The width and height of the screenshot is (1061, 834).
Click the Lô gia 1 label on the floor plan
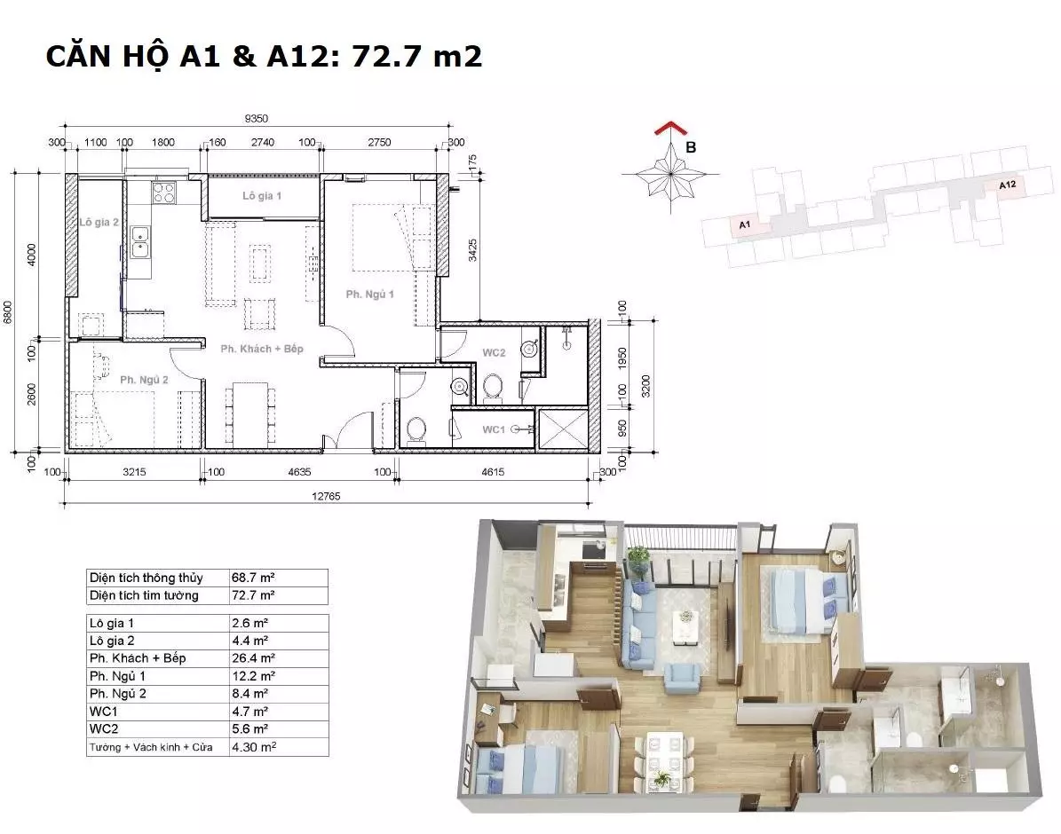262,195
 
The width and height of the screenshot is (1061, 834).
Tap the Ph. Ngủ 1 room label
369,295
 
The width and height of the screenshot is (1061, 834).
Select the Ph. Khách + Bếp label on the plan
262,349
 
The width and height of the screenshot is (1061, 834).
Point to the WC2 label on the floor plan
494,352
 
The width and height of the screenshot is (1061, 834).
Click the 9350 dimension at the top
257,118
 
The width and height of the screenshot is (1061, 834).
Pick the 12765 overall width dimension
326,496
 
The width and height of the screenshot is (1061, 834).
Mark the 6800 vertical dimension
8,312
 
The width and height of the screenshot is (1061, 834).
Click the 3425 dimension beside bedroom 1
473,249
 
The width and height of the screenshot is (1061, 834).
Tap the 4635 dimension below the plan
299,472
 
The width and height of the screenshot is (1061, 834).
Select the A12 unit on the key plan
1007,185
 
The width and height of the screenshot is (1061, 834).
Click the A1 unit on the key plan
745,224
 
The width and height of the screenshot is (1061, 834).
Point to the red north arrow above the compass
669,129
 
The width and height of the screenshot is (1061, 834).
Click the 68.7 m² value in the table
253,578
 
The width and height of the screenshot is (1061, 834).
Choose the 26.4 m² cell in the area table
253,658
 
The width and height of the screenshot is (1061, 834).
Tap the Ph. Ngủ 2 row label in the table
118,693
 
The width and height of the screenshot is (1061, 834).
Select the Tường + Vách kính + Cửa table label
151,747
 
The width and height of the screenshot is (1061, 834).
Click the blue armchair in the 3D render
682,678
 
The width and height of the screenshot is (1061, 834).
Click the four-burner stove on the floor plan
163,193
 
